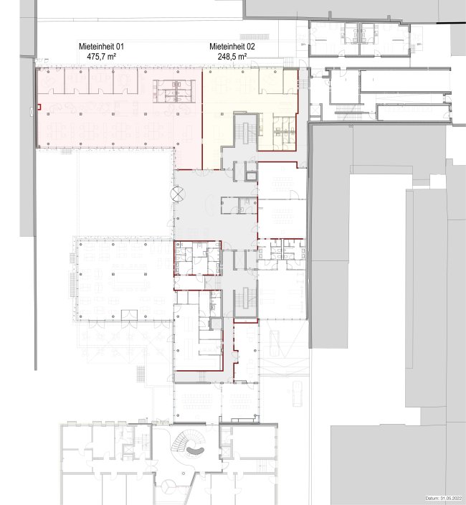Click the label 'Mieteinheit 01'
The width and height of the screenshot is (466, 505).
click(101, 47)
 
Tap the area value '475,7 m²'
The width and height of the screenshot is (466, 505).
click(101, 57)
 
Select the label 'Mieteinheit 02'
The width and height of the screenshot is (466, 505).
click(232, 47)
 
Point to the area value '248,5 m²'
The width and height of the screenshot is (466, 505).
click(232, 57)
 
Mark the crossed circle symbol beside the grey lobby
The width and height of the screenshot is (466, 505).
click(178, 194)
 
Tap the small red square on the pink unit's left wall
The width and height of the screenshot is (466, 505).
click(39, 107)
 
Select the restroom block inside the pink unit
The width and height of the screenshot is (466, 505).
click(173, 91)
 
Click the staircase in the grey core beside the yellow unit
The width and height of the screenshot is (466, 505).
click(246, 129)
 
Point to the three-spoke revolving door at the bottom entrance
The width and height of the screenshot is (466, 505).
click(168, 485)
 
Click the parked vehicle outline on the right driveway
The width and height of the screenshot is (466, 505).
click(297, 394)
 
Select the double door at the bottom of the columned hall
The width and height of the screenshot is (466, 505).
click(129, 315)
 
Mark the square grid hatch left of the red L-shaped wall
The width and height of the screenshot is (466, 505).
click(141, 374)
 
